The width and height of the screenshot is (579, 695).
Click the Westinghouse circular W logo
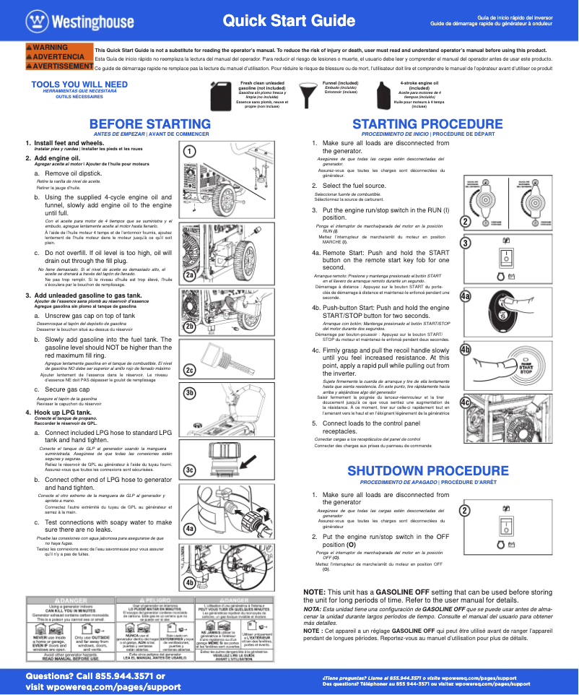click(34, 20)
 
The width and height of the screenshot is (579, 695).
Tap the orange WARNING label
click(51, 48)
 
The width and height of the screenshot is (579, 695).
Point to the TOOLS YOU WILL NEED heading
click(79, 85)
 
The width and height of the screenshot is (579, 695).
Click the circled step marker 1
click(188, 152)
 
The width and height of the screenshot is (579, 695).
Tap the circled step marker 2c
click(189, 371)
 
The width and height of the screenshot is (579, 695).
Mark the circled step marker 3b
click(189, 392)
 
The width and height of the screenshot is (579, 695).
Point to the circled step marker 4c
click(466, 402)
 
